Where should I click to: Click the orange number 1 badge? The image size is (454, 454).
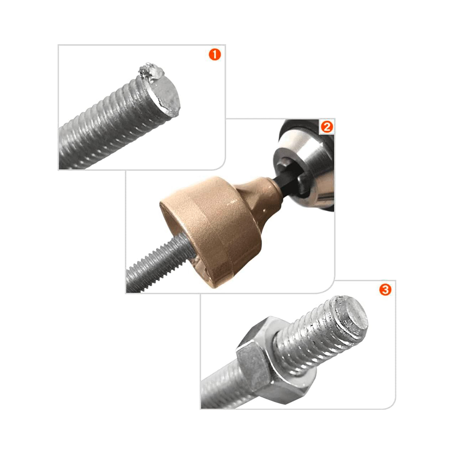click(x=215, y=54)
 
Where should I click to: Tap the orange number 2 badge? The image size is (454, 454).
click(x=327, y=127)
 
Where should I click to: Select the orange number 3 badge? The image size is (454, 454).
click(x=385, y=290)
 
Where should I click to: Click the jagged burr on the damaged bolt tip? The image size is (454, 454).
click(x=148, y=73)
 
